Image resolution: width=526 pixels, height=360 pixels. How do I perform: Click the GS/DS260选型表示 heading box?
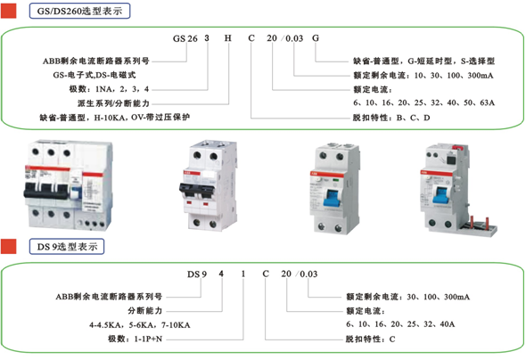79,11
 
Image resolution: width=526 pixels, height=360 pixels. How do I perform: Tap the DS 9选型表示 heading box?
67,246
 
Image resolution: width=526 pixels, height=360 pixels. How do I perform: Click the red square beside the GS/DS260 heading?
8,11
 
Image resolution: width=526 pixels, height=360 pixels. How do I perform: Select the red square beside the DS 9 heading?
8,246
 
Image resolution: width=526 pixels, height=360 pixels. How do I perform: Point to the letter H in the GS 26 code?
228,38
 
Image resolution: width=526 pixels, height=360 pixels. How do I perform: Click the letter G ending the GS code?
316,38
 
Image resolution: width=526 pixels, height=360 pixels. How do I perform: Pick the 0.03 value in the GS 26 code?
294,38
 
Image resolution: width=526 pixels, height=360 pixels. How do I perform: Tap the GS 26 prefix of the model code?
185,38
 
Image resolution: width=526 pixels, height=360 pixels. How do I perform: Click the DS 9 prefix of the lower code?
197,274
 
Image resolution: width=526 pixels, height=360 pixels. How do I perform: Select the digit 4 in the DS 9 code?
221,274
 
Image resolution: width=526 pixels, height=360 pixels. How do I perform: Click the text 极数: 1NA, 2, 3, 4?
109,89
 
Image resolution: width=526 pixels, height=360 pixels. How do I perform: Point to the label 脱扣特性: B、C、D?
391,118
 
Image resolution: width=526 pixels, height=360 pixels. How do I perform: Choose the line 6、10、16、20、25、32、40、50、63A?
424,102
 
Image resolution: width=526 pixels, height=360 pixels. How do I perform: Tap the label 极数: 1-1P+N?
135,339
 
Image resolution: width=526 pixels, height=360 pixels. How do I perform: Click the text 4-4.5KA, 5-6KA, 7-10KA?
140,325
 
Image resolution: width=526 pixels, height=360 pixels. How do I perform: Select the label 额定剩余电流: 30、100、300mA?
408,297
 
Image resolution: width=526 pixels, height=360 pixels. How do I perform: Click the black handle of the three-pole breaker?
47,192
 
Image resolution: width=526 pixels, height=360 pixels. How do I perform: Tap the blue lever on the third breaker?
332,199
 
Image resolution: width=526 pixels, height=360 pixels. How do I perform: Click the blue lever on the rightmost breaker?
441,195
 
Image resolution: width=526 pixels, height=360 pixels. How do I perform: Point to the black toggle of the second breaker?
197,191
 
